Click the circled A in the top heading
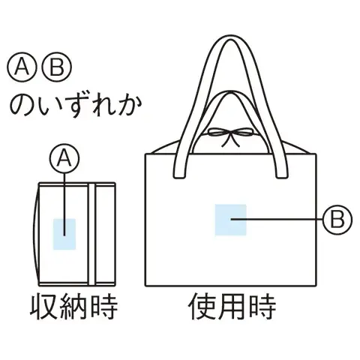(x=22, y=67)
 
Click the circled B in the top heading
(x=57, y=67)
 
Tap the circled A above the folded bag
(x=64, y=158)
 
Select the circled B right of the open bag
(x=337, y=220)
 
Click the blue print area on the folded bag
(x=64, y=234)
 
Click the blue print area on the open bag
(x=231, y=220)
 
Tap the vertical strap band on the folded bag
(x=91, y=234)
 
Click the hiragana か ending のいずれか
(x=129, y=106)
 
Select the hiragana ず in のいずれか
(x=77, y=106)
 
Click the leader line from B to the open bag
(x=277, y=220)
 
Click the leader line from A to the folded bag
(x=64, y=204)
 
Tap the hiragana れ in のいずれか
(x=103, y=106)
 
